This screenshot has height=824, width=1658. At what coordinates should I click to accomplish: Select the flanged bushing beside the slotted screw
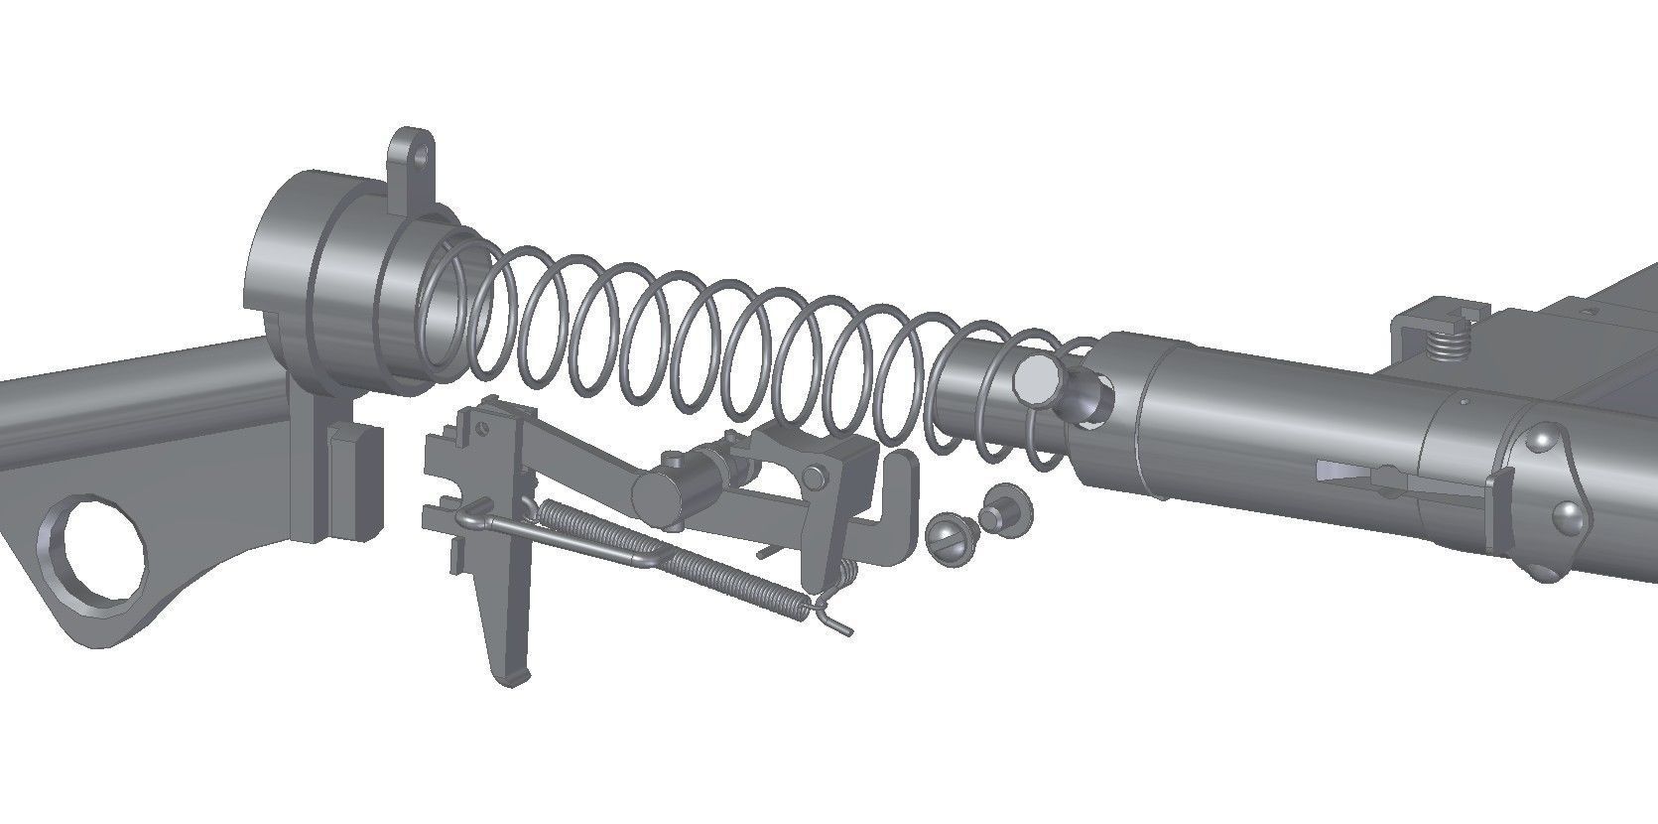[x=1001, y=510]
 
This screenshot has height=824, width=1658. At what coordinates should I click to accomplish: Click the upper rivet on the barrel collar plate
[x=1544, y=438]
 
